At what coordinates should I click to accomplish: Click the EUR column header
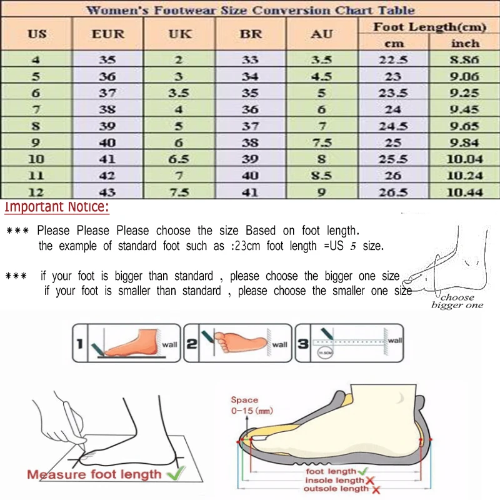click(108, 34)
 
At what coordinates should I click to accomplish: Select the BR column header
click(251, 34)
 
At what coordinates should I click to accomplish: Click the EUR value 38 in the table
click(108, 109)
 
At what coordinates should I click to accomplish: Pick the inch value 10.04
click(464, 159)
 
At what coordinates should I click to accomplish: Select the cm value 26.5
click(393, 192)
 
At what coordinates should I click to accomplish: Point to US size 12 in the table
click(37, 192)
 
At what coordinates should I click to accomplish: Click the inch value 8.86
click(464, 61)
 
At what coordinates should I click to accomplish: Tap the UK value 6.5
click(179, 159)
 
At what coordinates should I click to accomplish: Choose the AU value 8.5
click(322, 176)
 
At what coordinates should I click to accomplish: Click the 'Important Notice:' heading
click(57, 207)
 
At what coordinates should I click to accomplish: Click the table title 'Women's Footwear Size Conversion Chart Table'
click(250, 10)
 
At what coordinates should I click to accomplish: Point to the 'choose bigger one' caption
click(457, 301)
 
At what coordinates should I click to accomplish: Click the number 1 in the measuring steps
click(80, 343)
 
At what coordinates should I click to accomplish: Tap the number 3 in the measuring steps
click(303, 343)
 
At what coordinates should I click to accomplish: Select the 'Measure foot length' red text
click(94, 474)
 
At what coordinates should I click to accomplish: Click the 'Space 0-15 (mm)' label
click(244, 405)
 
